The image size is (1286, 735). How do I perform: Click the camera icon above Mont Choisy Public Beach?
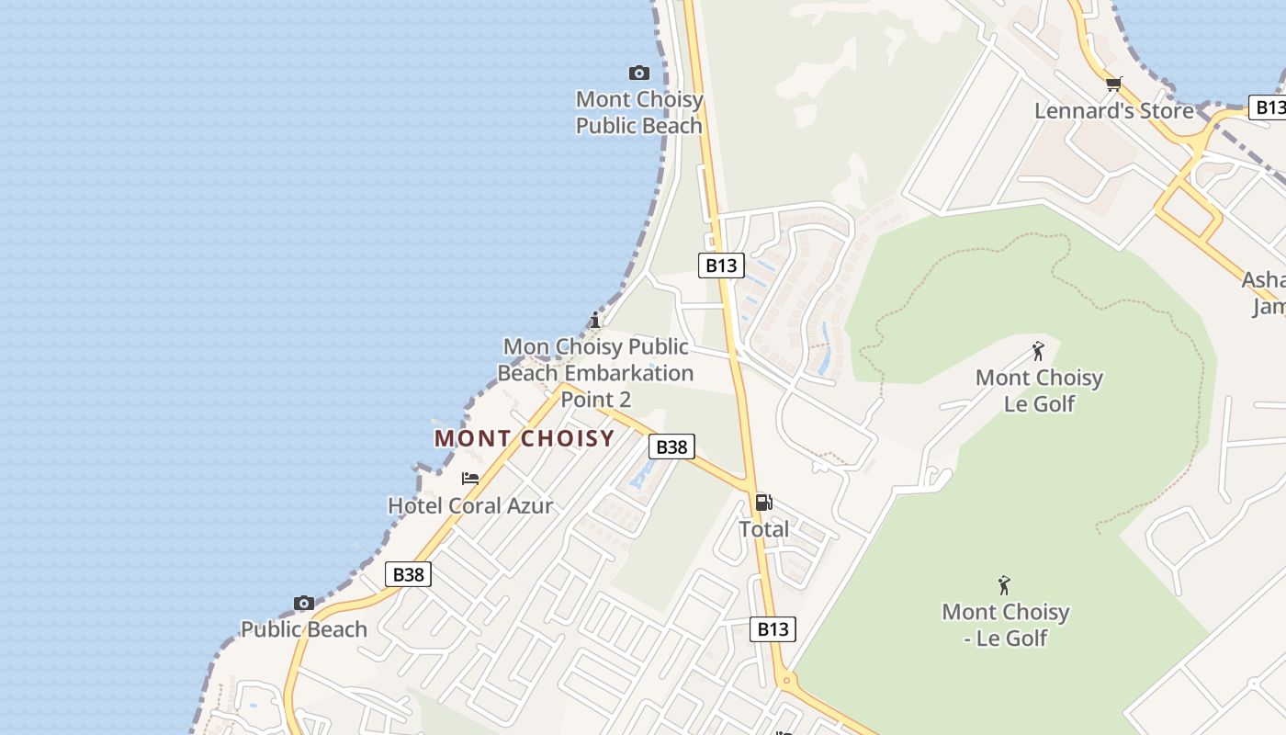[638, 73]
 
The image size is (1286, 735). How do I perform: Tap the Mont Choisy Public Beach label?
[638, 112]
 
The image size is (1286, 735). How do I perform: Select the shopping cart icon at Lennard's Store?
[1113, 85]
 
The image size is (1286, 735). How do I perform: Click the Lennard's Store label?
[1113, 111]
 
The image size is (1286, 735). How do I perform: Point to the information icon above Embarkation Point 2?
[595, 320]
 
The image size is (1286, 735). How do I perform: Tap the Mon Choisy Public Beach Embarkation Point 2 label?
[595, 372]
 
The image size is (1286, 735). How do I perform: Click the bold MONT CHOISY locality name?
[525, 438]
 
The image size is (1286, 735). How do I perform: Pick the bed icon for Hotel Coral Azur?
[470, 479]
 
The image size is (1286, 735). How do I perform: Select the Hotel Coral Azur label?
[470, 505]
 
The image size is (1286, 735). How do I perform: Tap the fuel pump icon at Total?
[763, 503]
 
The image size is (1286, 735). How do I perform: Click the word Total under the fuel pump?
[763, 529]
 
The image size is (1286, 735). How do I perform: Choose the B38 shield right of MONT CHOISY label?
[671, 447]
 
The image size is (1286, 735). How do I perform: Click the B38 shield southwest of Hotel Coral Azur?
[408, 575]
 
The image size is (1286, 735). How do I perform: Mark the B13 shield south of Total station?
[773, 629]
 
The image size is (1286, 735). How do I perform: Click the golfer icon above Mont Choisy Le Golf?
[1038, 351]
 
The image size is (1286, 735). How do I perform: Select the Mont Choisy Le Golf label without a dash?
[1039, 390]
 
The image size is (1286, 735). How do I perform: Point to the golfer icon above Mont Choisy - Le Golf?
[1004, 585]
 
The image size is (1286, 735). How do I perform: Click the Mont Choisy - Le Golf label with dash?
[1005, 625]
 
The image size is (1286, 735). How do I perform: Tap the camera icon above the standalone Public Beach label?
[304, 604]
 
